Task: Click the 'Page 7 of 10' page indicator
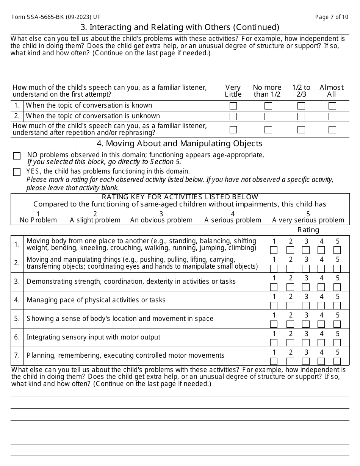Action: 332,17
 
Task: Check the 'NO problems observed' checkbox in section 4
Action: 17,156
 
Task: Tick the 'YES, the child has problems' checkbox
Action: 17,172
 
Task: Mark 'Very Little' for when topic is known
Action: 233,106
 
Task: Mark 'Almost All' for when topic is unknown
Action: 332,116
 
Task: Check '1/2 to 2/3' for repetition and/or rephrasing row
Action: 301,130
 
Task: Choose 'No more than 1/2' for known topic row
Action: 268,106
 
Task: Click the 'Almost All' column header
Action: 331,91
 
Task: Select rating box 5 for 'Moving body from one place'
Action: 337,250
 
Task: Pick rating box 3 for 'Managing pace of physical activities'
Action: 305,305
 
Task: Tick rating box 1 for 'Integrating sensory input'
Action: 274,342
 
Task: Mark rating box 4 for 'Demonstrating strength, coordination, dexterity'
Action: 321,287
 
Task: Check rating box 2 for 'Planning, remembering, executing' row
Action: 290,361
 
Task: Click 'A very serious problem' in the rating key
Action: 308,220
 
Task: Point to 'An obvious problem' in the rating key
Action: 161,220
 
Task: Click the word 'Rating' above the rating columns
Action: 308,230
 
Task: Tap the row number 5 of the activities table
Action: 17,319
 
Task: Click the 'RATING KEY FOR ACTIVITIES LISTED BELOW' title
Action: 180,197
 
